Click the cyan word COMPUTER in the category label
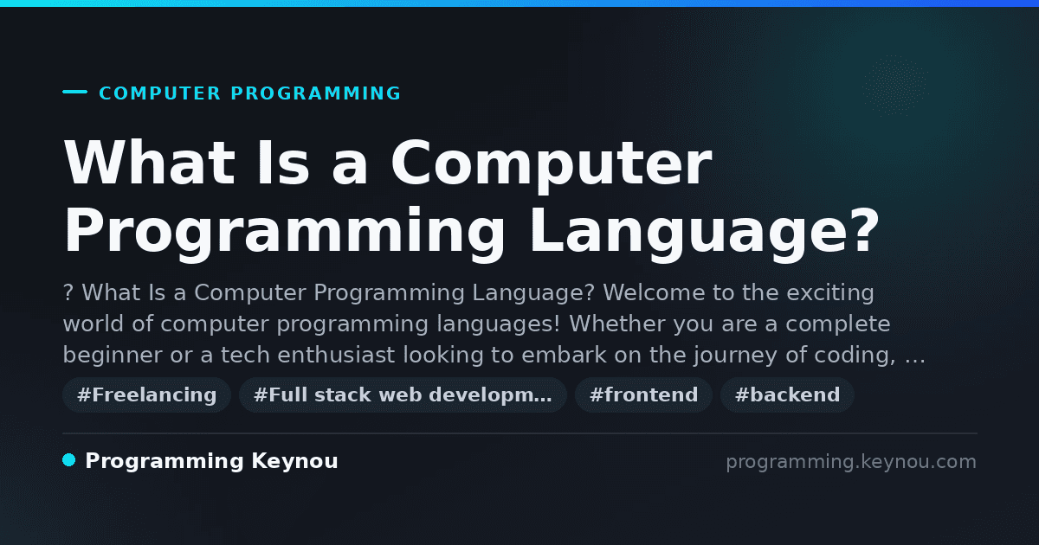pos(159,93)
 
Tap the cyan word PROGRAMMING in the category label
pos(315,93)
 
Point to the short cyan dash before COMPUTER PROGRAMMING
pos(74,92)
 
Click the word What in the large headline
pos(149,163)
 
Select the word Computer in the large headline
pos(551,166)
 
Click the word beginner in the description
pos(113,355)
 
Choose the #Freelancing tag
pos(146,394)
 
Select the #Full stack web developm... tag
pos(403,394)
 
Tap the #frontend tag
pos(643,394)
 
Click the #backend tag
pos(787,394)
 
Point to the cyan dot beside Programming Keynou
pos(69,460)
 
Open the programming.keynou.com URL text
pos(851,462)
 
